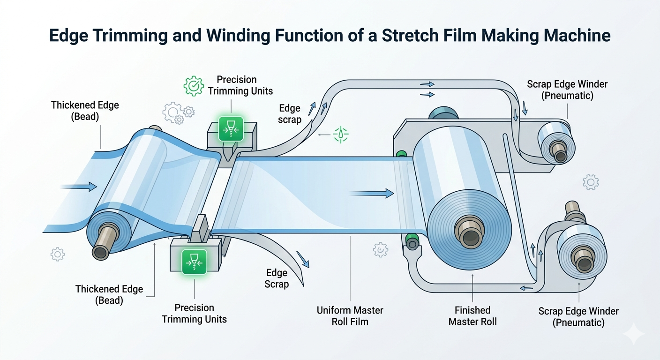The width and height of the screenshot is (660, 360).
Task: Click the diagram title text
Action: [x=330, y=36]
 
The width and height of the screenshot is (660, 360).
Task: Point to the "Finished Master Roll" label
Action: [x=472, y=316]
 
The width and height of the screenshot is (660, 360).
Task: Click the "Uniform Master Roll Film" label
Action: [x=350, y=316]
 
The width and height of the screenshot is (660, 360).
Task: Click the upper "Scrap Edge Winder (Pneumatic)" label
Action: [x=567, y=90]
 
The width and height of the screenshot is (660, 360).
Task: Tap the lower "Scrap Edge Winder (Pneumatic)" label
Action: [x=578, y=317]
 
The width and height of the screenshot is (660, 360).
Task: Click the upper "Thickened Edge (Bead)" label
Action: [x=85, y=111]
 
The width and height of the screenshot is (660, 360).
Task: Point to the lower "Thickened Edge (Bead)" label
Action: [x=109, y=295]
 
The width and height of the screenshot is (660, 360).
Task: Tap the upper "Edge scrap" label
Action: [x=290, y=114]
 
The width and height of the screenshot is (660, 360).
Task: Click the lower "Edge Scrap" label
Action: [x=277, y=278]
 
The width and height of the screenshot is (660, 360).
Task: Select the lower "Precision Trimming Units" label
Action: [x=194, y=314]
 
